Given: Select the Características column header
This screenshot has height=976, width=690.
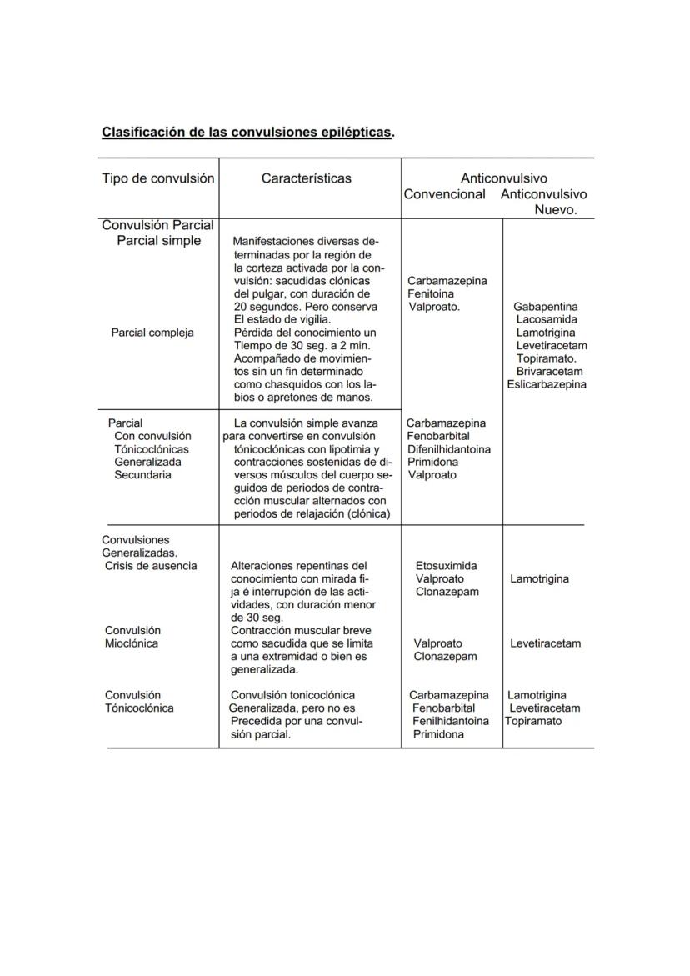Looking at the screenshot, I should pyautogui.click(x=306, y=178).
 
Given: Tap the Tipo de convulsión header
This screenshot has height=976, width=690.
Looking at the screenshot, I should pyautogui.click(x=157, y=178).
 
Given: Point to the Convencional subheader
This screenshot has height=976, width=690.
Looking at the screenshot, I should pyautogui.click(x=444, y=194).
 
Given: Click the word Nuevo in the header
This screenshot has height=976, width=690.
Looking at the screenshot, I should pyautogui.click(x=554, y=210).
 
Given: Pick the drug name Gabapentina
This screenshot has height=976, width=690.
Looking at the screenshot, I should pyautogui.click(x=545, y=307).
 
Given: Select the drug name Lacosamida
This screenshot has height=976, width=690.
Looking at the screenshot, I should pyautogui.click(x=547, y=319).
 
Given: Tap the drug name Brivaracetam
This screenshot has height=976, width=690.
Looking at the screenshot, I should pyautogui.click(x=549, y=371).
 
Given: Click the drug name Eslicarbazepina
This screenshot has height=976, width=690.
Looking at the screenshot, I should pyautogui.click(x=547, y=384).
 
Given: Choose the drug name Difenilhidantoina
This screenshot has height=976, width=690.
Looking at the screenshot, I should pyautogui.click(x=449, y=449).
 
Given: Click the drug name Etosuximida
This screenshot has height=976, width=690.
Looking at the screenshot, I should pyautogui.click(x=446, y=566).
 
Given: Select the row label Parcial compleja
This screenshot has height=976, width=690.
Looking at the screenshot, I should pyautogui.click(x=152, y=333).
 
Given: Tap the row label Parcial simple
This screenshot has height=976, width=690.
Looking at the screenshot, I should pyautogui.click(x=158, y=241).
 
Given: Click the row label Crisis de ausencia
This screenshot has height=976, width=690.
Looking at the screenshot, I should pyautogui.click(x=151, y=566).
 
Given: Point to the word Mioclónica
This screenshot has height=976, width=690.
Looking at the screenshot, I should pyautogui.click(x=132, y=643).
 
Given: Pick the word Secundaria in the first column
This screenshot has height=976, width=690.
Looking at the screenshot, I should pyautogui.click(x=142, y=475).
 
